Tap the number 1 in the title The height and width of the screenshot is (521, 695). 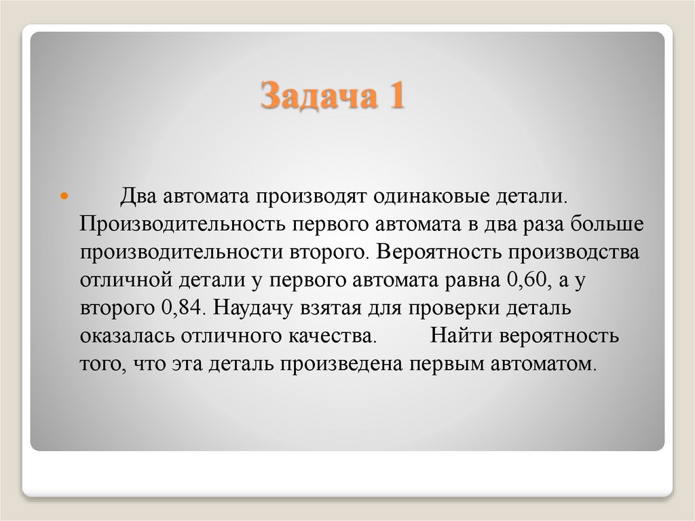[396, 96]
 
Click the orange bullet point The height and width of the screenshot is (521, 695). [65, 196]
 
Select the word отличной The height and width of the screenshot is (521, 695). [120, 280]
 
